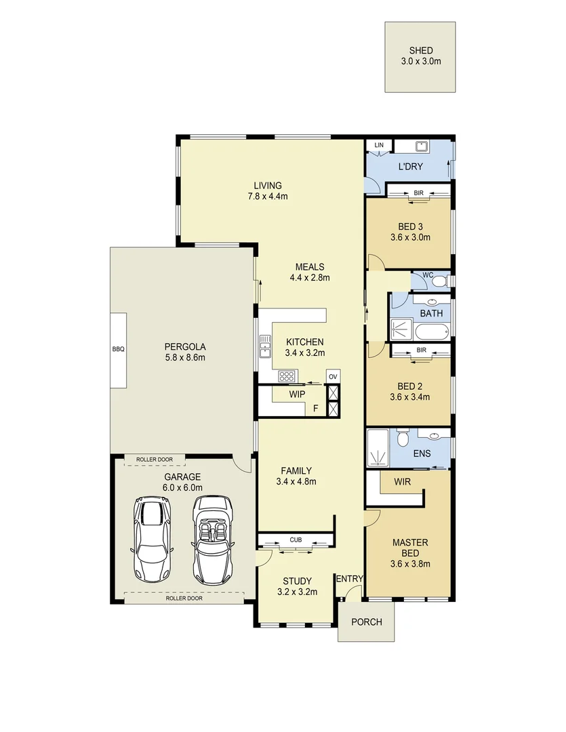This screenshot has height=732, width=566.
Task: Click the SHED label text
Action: [420, 51]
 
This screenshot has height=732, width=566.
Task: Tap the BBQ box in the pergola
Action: [119, 350]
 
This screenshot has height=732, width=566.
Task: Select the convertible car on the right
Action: [212, 538]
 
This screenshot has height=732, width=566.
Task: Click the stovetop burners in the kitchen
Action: [286, 375]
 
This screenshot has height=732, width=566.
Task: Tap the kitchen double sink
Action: [264, 348]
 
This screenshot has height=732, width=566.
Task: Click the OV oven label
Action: [332, 376]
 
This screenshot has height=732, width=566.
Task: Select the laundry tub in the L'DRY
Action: [420, 146]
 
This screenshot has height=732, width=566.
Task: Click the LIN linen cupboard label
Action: [378, 146]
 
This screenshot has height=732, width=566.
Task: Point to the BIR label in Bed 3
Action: [418, 194]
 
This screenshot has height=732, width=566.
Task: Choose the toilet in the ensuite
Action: [402, 434]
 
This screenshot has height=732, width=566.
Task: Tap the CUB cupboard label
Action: [295, 540]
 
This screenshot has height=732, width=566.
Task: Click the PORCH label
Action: [366, 622]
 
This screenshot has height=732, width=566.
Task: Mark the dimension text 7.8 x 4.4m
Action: [268, 197]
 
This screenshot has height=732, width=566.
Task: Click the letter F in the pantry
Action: [315, 408]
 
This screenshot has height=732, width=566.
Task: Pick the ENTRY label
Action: [350, 578]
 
